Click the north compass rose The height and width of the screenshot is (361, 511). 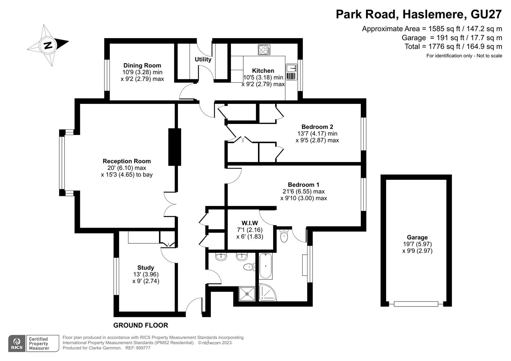click(48, 45)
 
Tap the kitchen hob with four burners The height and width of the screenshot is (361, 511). click(264, 50)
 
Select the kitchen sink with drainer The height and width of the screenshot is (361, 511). click(291, 72)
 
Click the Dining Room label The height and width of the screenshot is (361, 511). click(142, 66)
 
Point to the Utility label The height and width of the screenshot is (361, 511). click(203, 59)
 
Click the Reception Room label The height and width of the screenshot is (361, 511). click(126, 161)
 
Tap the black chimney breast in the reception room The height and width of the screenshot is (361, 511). click(175, 147)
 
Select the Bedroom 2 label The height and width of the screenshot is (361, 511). click(317, 127)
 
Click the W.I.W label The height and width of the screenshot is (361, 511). click(250, 223)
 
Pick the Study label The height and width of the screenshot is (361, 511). click(146, 267)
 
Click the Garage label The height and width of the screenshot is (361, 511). click(417, 237)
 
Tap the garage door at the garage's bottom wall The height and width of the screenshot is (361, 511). click(416, 304)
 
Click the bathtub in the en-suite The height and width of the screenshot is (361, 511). click(265, 266)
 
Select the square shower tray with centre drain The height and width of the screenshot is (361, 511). click(247, 294)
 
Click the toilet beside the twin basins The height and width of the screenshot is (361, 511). click(249, 267)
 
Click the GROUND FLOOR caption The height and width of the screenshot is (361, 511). click(141, 325)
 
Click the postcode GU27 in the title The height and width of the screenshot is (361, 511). click(486, 14)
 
